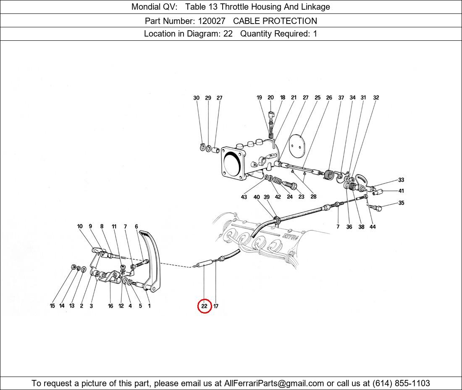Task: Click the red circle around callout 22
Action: [204, 306]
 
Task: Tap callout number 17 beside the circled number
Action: [216, 306]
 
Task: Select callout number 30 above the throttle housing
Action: [196, 98]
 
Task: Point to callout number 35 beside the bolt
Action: [401, 203]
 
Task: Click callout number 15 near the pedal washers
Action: [52, 306]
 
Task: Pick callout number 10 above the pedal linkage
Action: [80, 227]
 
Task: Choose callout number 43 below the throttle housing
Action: [244, 197]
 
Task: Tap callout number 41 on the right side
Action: [401, 191]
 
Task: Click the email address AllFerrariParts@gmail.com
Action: [274, 383]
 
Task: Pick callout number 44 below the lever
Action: [373, 227]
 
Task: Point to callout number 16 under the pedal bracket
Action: [110, 306]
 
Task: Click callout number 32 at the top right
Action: [376, 97]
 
